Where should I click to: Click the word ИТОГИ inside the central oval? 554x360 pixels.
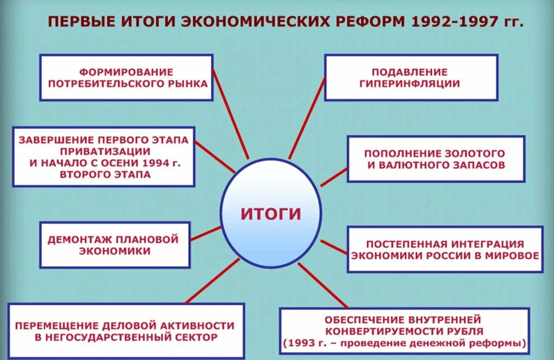(271, 213)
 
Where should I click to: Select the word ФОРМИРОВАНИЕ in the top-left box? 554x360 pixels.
(126, 72)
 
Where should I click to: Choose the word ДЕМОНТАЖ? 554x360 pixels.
(83, 239)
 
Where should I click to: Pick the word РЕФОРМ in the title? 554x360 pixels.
(368, 22)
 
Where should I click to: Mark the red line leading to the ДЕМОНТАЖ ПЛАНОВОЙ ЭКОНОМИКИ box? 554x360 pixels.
(206, 233)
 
